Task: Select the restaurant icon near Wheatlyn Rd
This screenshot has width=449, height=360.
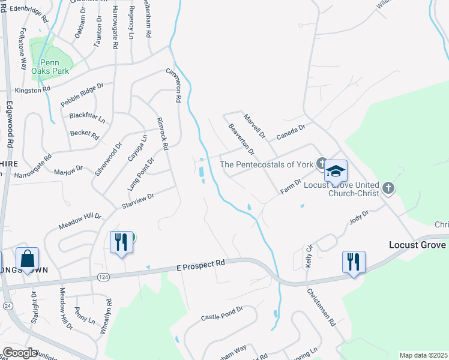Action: click(121, 242)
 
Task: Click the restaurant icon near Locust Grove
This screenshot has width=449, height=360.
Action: click(354, 262)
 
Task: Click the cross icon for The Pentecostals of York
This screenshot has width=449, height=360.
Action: click(322, 163)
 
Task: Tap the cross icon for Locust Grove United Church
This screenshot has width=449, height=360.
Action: click(388, 188)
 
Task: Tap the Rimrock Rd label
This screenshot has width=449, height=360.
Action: click(161, 133)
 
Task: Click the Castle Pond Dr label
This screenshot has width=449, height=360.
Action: click(221, 313)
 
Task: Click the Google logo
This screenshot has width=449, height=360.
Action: click(20, 353)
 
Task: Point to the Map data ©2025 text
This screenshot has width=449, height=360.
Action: click(423, 355)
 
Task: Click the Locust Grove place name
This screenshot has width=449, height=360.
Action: click(417, 245)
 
